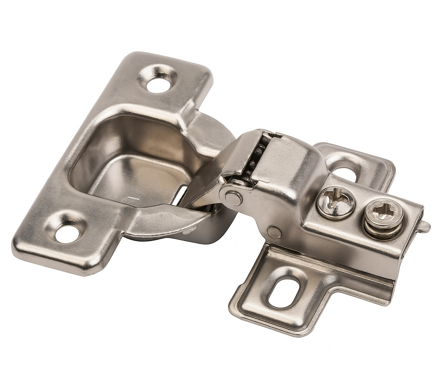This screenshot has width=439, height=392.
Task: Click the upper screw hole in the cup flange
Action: [158, 84]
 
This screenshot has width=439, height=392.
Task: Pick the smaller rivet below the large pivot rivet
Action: [274, 233]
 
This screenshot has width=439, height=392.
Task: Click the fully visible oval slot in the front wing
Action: [284, 293]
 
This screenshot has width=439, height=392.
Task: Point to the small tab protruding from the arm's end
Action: [424, 227]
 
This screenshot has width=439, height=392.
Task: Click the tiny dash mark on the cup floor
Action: [134, 198]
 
